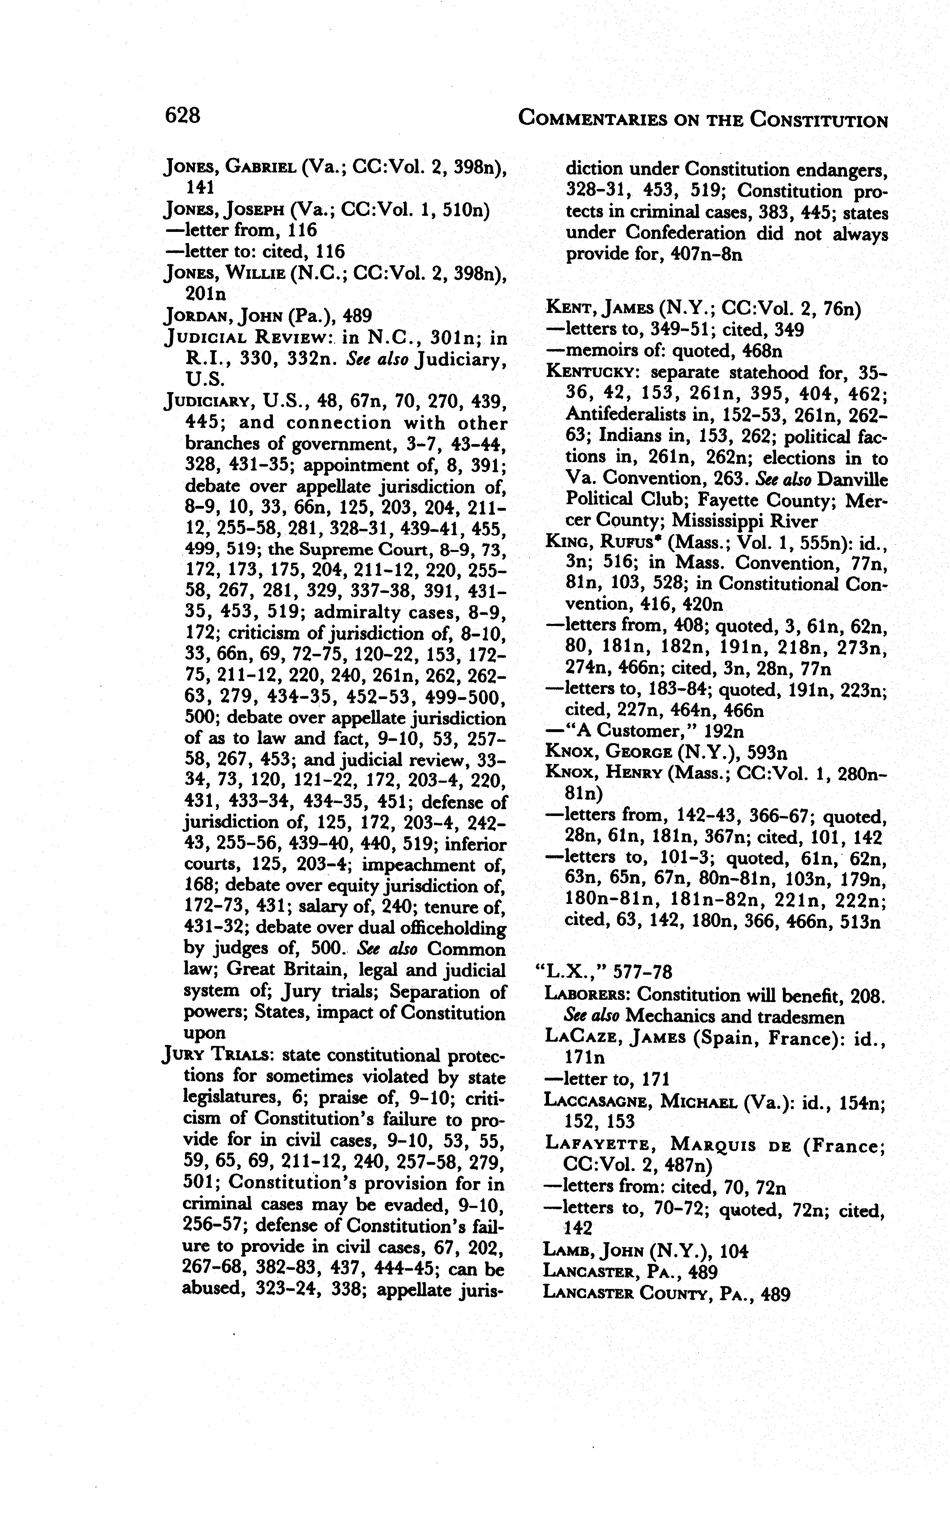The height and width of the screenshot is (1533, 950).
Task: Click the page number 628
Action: pos(182,116)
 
